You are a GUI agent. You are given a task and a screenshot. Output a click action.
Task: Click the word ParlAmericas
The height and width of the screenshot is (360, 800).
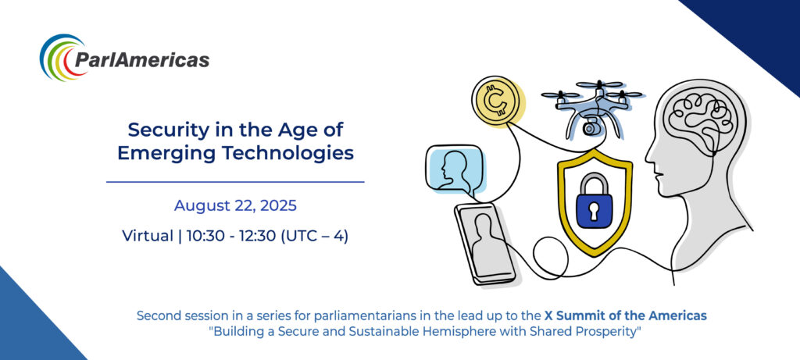[x=142, y=59]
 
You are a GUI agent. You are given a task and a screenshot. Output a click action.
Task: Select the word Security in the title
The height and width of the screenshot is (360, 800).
[x=162, y=130]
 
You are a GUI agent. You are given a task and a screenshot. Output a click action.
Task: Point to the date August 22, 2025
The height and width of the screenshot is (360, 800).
[x=235, y=205]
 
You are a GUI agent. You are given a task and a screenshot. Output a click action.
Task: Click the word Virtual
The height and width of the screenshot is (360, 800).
[x=148, y=236]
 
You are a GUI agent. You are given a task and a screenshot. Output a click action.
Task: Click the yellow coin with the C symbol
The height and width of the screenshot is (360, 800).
[x=495, y=101]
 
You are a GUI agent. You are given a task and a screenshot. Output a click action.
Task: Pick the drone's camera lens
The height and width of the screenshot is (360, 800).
[x=590, y=128]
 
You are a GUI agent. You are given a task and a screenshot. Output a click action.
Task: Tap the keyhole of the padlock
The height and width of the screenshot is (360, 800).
[x=595, y=211]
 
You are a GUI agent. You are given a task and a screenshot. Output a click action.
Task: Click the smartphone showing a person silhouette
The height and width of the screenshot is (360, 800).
[x=484, y=244]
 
